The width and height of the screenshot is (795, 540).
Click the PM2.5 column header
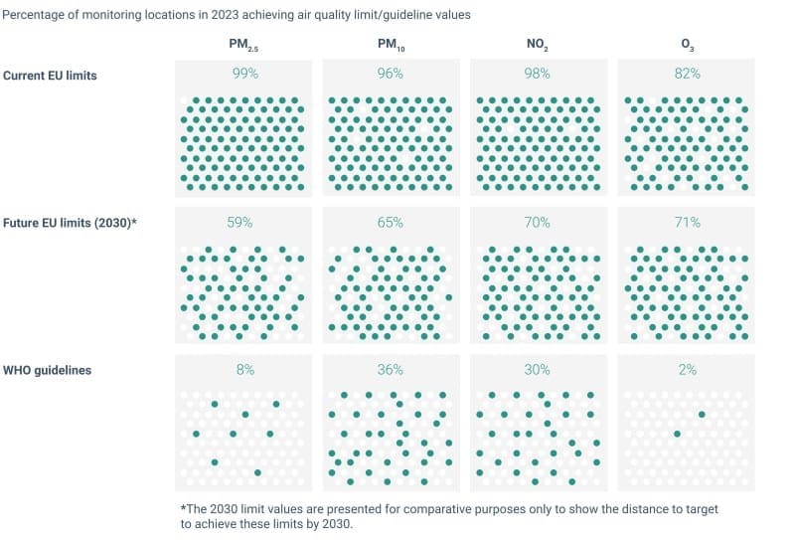tap(242, 45)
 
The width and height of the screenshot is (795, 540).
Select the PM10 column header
tap(391, 45)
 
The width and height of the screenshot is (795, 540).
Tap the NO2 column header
tap(538, 45)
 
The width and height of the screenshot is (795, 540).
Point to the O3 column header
tap(687, 45)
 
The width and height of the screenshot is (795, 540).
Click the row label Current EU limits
tap(51, 76)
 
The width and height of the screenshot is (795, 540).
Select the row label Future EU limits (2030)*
tap(70, 223)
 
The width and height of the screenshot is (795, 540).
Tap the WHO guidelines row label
tap(47, 370)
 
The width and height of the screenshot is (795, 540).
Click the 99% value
tap(243, 74)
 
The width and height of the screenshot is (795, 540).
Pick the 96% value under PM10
tap(391, 74)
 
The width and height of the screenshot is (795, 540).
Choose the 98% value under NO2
tap(538, 74)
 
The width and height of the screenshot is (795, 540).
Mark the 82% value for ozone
tap(687, 74)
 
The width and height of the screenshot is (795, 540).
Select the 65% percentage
tap(391, 223)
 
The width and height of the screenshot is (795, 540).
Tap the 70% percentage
tap(538, 223)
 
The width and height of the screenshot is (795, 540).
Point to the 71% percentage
tap(687, 223)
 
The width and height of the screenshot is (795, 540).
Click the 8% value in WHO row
tap(243, 370)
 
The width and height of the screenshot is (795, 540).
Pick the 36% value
tap(391, 370)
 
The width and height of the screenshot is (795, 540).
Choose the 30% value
tap(538, 370)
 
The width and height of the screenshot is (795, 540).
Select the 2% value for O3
tap(687, 370)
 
